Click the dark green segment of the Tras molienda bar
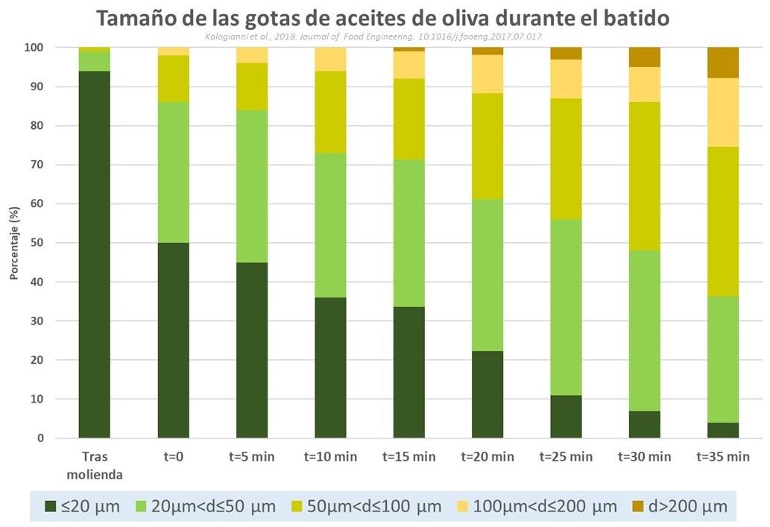pyautogui.click(x=95, y=253)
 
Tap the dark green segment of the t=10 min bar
pyautogui.click(x=330, y=367)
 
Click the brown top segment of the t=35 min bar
pyautogui.click(x=723, y=57)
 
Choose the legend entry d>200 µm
pyautogui.click(x=687, y=507)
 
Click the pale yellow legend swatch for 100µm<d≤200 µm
pyautogui.click(x=458, y=507)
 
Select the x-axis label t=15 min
pyautogui.click(x=408, y=457)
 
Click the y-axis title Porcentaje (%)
pyautogui.click(x=15, y=243)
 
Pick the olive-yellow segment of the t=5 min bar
pyautogui.click(x=252, y=86)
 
